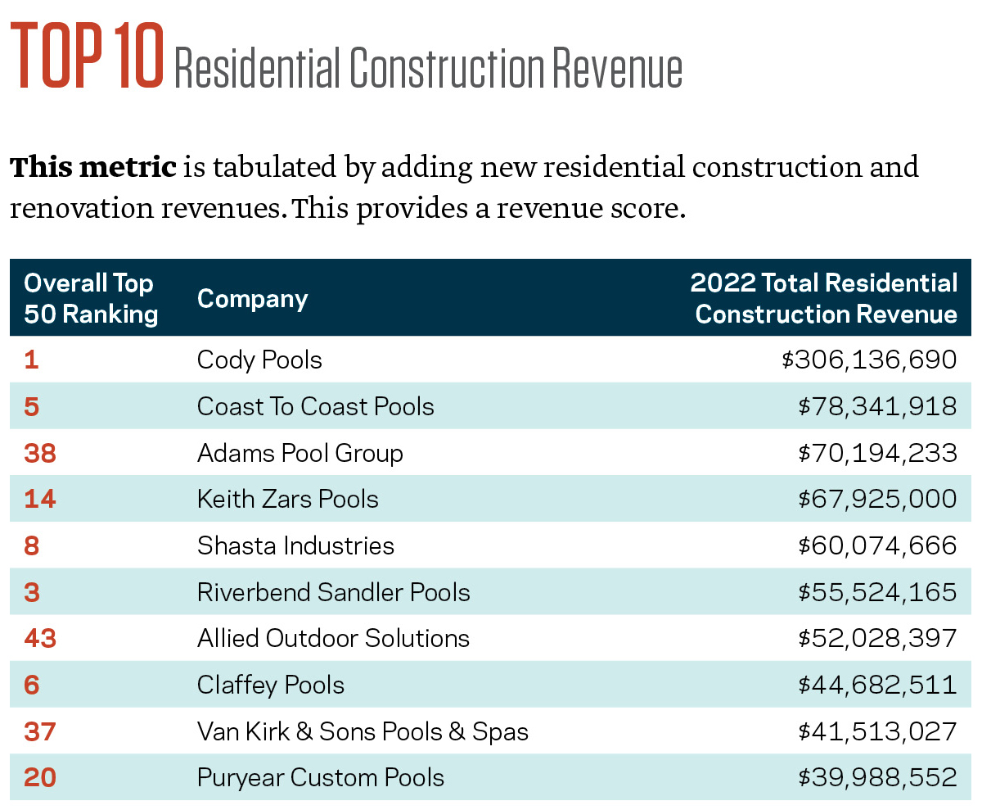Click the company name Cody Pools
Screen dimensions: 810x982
click(x=259, y=360)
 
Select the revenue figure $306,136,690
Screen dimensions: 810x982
click(x=869, y=360)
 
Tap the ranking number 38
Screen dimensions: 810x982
click(x=40, y=453)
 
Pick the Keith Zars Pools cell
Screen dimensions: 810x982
click(x=287, y=500)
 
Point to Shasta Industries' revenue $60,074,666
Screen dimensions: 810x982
click(x=876, y=546)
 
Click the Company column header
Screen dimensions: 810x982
click(x=252, y=299)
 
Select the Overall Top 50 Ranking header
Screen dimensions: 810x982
click(x=90, y=299)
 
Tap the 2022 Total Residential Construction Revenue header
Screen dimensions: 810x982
click(x=824, y=299)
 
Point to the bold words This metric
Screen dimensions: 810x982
click(x=93, y=167)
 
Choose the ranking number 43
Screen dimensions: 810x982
click(x=40, y=639)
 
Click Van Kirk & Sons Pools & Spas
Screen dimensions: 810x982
click(x=363, y=731)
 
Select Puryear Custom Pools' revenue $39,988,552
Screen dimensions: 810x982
click(x=876, y=778)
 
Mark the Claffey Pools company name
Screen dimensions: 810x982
click(x=271, y=686)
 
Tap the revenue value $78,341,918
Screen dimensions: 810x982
click(x=876, y=407)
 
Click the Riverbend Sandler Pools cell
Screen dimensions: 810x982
click(x=333, y=592)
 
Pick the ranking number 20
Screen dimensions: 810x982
click(x=40, y=778)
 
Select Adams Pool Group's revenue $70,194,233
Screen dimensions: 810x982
click(x=876, y=453)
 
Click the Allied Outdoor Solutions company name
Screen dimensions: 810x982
click(x=333, y=639)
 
